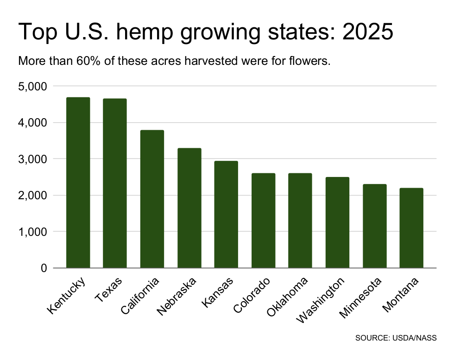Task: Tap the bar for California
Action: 152,199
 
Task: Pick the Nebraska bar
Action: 189,208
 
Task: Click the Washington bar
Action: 337,222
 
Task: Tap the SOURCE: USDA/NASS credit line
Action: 396,338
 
